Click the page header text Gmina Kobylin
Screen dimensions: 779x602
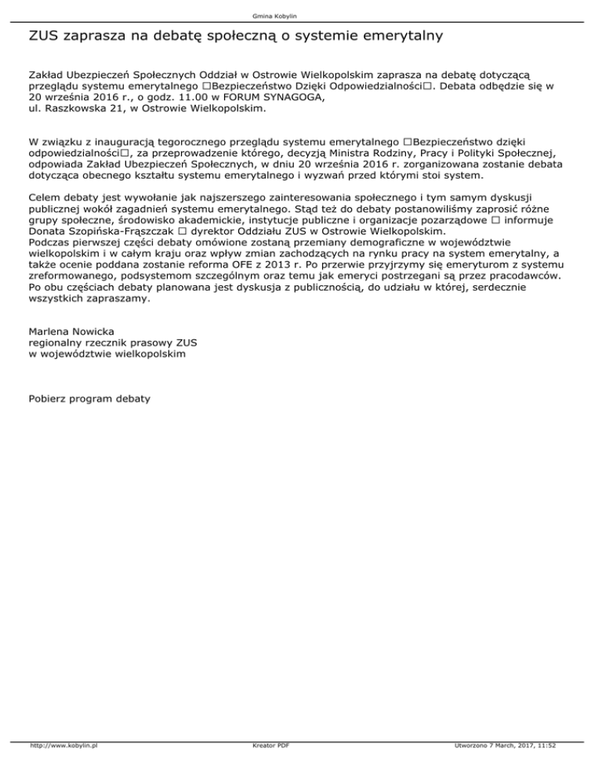click(302, 16)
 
